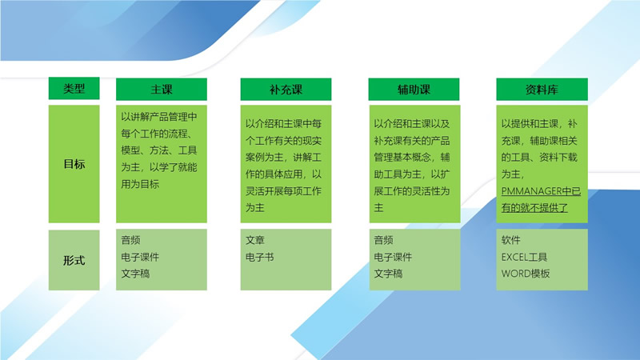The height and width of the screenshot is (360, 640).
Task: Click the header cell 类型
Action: tap(74, 89)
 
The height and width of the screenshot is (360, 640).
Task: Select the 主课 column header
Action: tap(162, 90)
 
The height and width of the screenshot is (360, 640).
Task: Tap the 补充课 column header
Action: tap(286, 90)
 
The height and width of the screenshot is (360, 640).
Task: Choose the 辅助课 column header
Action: tap(414, 90)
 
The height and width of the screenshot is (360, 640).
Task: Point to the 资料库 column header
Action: tap(542, 90)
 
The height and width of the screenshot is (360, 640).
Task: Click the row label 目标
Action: tap(74, 165)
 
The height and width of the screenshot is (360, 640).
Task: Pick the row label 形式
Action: tap(74, 261)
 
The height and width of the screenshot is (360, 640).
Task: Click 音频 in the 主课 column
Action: tap(131, 240)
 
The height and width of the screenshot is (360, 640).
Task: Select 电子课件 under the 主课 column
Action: tap(140, 257)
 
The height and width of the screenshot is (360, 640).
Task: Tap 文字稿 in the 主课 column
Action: tap(135, 274)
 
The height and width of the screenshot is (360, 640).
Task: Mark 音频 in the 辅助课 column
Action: tap(384, 240)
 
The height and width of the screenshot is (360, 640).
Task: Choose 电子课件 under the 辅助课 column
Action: tap(393, 257)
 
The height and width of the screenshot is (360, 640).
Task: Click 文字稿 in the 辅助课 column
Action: tap(388, 274)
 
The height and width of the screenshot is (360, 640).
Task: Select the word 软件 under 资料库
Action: tap(511, 240)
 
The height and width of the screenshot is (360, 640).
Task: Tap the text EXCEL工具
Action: tap(525, 257)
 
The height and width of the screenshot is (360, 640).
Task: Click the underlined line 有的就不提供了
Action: tap(534, 208)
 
